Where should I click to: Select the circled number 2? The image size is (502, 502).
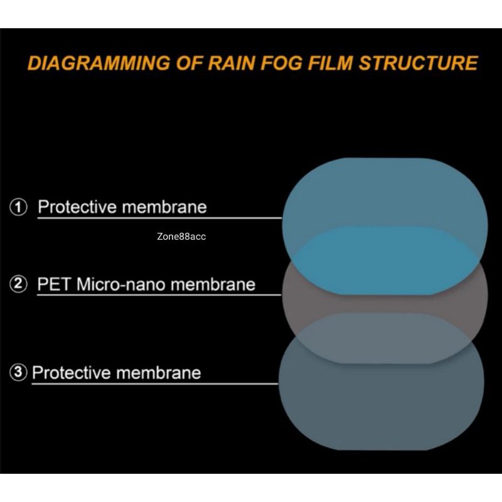coord(19,284)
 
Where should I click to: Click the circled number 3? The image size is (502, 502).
coord(19,373)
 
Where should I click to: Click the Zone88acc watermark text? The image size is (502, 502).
coord(182,237)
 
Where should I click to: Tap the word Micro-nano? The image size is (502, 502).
coord(121,284)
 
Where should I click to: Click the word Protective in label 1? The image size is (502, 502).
coord(77,206)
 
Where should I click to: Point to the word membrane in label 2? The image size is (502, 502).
coord(213,284)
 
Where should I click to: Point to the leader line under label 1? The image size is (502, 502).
coord(160,218)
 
